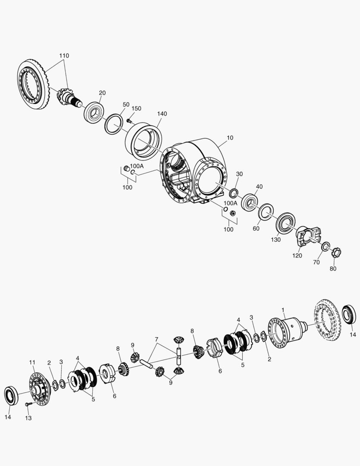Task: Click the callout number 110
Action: (64, 56)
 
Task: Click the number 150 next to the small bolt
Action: (136, 108)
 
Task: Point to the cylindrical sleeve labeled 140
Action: (144, 141)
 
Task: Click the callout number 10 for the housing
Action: (230, 138)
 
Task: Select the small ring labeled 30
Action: (234, 192)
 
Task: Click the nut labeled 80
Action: (336, 253)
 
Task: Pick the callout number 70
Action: (316, 262)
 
